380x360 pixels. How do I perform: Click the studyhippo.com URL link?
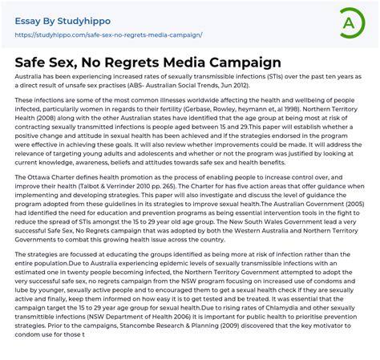click(x=108, y=35)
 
